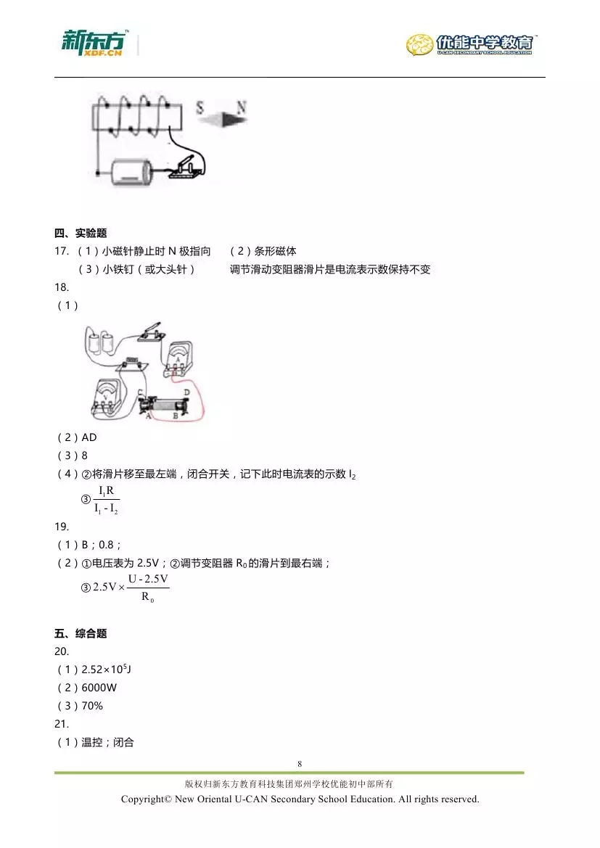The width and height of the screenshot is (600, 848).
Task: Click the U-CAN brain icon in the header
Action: pyautogui.click(x=420, y=44)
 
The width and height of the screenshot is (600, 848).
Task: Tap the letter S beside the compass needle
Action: pyautogui.click(x=200, y=109)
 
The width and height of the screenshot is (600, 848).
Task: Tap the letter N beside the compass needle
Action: pyautogui.click(x=242, y=108)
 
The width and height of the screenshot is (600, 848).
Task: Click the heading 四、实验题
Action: pyautogui.click(x=81, y=234)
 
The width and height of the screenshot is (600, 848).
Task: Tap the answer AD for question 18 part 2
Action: pyautogui.click(x=89, y=437)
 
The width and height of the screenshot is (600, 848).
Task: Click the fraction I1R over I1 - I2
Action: pyautogui.click(x=107, y=500)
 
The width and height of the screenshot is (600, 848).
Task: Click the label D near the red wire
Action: pyautogui.click(x=187, y=392)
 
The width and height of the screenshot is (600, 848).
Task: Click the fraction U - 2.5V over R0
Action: pyautogui.click(x=148, y=587)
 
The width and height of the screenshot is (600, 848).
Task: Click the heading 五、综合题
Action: pyautogui.click(x=81, y=633)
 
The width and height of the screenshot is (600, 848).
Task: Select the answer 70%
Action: pyautogui.click(x=93, y=706)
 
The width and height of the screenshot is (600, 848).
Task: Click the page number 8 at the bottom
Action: pyautogui.click(x=299, y=763)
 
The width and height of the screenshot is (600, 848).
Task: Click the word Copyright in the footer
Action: pyautogui.click(x=144, y=799)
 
